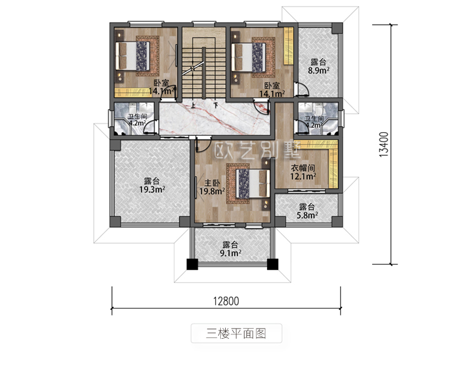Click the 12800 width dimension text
pyautogui.click(x=226, y=301)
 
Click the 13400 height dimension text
pyautogui.click(x=384, y=145)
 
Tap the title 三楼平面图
pyautogui.click(x=236, y=333)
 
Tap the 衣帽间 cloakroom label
pyautogui.click(x=303, y=168)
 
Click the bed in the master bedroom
pyautogui.click(x=253, y=183)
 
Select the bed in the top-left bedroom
pyautogui.click(x=132, y=56)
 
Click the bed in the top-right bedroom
pyautogui.click(x=248, y=58)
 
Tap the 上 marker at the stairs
pyautogui.click(x=193, y=105)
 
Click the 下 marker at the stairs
pyautogui.click(x=216, y=105)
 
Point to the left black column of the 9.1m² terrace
pyautogui.click(x=193, y=264)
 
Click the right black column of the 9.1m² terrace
pyautogui.click(x=273, y=264)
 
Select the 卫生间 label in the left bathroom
pyautogui.click(x=138, y=116)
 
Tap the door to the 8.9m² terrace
pyautogui.click(x=301, y=89)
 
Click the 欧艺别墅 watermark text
pyautogui.click(x=258, y=150)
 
